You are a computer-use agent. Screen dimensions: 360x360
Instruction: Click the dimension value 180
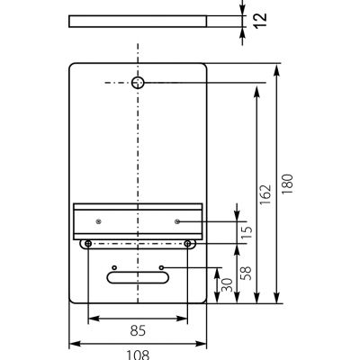287,184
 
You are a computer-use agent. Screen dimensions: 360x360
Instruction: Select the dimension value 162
265,194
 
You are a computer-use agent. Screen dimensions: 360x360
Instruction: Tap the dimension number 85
138,331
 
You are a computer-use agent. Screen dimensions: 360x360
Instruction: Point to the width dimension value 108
138,355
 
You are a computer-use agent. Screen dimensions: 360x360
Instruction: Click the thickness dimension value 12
261,20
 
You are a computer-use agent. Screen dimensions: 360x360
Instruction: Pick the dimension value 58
247,273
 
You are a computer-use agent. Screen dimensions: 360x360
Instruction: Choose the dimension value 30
227,285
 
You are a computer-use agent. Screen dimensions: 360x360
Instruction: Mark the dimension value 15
247,233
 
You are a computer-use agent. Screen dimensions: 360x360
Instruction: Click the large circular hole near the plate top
138,83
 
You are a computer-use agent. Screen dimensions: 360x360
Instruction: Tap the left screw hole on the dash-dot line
88,244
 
